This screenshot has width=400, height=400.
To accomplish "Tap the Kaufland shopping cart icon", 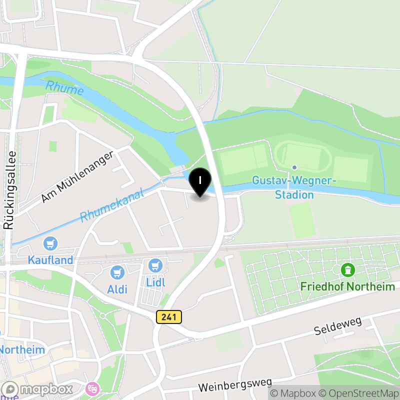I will point(50,243).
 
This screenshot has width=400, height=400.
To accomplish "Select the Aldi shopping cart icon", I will point(117,272).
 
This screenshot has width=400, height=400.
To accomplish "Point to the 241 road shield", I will point(169,316).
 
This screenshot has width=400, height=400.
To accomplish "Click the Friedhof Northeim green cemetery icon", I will point(347,270).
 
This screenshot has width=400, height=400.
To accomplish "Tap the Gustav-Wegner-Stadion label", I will point(294,187).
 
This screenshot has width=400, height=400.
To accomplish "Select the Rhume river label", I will point(64,89).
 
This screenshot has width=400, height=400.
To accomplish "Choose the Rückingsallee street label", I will point(8,190).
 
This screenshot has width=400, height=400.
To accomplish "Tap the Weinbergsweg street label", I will point(230,384).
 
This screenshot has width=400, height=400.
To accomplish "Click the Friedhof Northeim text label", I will point(347,286).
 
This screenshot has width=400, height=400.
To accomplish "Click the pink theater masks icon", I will point(92,387).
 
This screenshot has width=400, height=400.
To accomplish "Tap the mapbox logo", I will point(37,389).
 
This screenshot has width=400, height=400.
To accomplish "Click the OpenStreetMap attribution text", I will point(360,394).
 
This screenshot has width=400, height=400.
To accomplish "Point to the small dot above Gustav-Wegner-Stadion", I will point(294,167).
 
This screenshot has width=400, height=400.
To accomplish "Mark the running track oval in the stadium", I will point(300,156).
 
